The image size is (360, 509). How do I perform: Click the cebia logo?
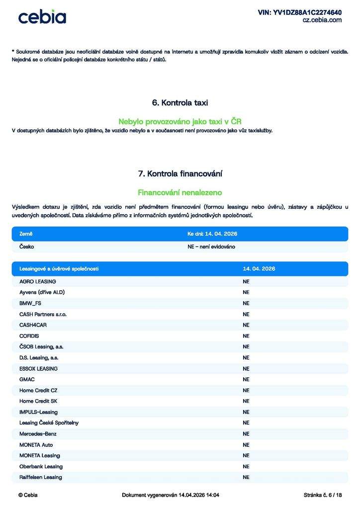pos(42,17)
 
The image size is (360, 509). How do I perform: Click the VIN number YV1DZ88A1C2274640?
pos(299,12)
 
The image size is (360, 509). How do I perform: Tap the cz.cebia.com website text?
pos(322,20)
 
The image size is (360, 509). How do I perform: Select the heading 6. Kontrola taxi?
pos(180,103)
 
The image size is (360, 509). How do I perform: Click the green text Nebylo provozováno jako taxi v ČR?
pos(180,121)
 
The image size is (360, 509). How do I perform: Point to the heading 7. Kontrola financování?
pos(180,173)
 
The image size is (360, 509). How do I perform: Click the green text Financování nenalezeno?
pos(180,192)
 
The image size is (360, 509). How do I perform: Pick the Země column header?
pos(26,234)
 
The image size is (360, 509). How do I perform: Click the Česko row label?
pos(27,247)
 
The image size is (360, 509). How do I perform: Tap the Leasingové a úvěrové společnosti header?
pos(59,269)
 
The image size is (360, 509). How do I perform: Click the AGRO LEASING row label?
pos(38,281)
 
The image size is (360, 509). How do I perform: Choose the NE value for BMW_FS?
pos(246,303)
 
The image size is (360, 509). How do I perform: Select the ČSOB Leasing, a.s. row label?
pos(41,346)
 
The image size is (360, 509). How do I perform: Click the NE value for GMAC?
pos(246,379)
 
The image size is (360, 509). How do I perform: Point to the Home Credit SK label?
pos(38,401)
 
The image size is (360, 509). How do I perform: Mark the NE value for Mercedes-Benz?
pos(246,434)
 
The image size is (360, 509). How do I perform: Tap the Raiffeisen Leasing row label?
pos(41,477)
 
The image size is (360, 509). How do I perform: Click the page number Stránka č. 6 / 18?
pos(323,495)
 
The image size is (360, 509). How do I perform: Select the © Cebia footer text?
pos(28,495)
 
